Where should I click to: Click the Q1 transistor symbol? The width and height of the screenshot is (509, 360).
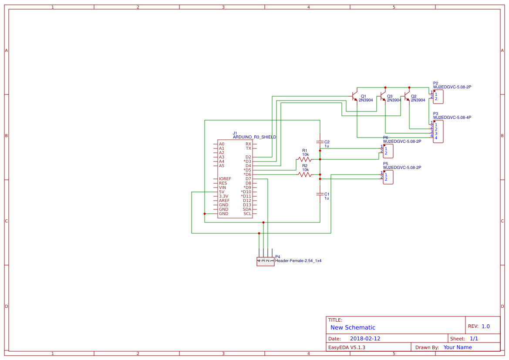click(x=354, y=96)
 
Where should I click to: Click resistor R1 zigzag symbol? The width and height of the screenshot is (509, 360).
click(x=305, y=159)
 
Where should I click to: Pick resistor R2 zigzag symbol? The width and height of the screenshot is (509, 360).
click(x=305, y=175)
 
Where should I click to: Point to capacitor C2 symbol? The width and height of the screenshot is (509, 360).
click(x=320, y=142)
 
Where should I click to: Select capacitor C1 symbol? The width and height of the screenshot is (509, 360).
click(x=320, y=194)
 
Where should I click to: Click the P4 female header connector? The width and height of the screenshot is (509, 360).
click(x=265, y=261)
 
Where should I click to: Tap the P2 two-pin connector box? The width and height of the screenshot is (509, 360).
click(x=438, y=97)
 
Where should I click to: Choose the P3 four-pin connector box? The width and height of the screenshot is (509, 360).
click(x=438, y=131)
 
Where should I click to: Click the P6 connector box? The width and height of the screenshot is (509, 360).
click(x=388, y=151)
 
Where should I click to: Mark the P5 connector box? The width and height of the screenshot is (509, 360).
click(x=388, y=177)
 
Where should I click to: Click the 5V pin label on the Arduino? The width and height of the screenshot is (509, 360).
click(x=222, y=192)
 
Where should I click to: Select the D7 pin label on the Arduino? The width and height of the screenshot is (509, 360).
click(x=248, y=179)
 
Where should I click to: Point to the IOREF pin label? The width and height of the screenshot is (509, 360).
click(x=225, y=179)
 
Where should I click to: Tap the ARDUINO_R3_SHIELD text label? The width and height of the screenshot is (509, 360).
click(x=254, y=137)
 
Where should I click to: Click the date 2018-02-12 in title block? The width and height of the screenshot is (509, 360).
click(x=365, y=339)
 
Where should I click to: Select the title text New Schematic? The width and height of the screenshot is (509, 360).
click(x=353, y=327)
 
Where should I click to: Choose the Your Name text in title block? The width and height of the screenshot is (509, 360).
click(x=458, y=347)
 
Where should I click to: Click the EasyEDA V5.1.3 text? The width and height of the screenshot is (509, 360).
click(x=347, y=347)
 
